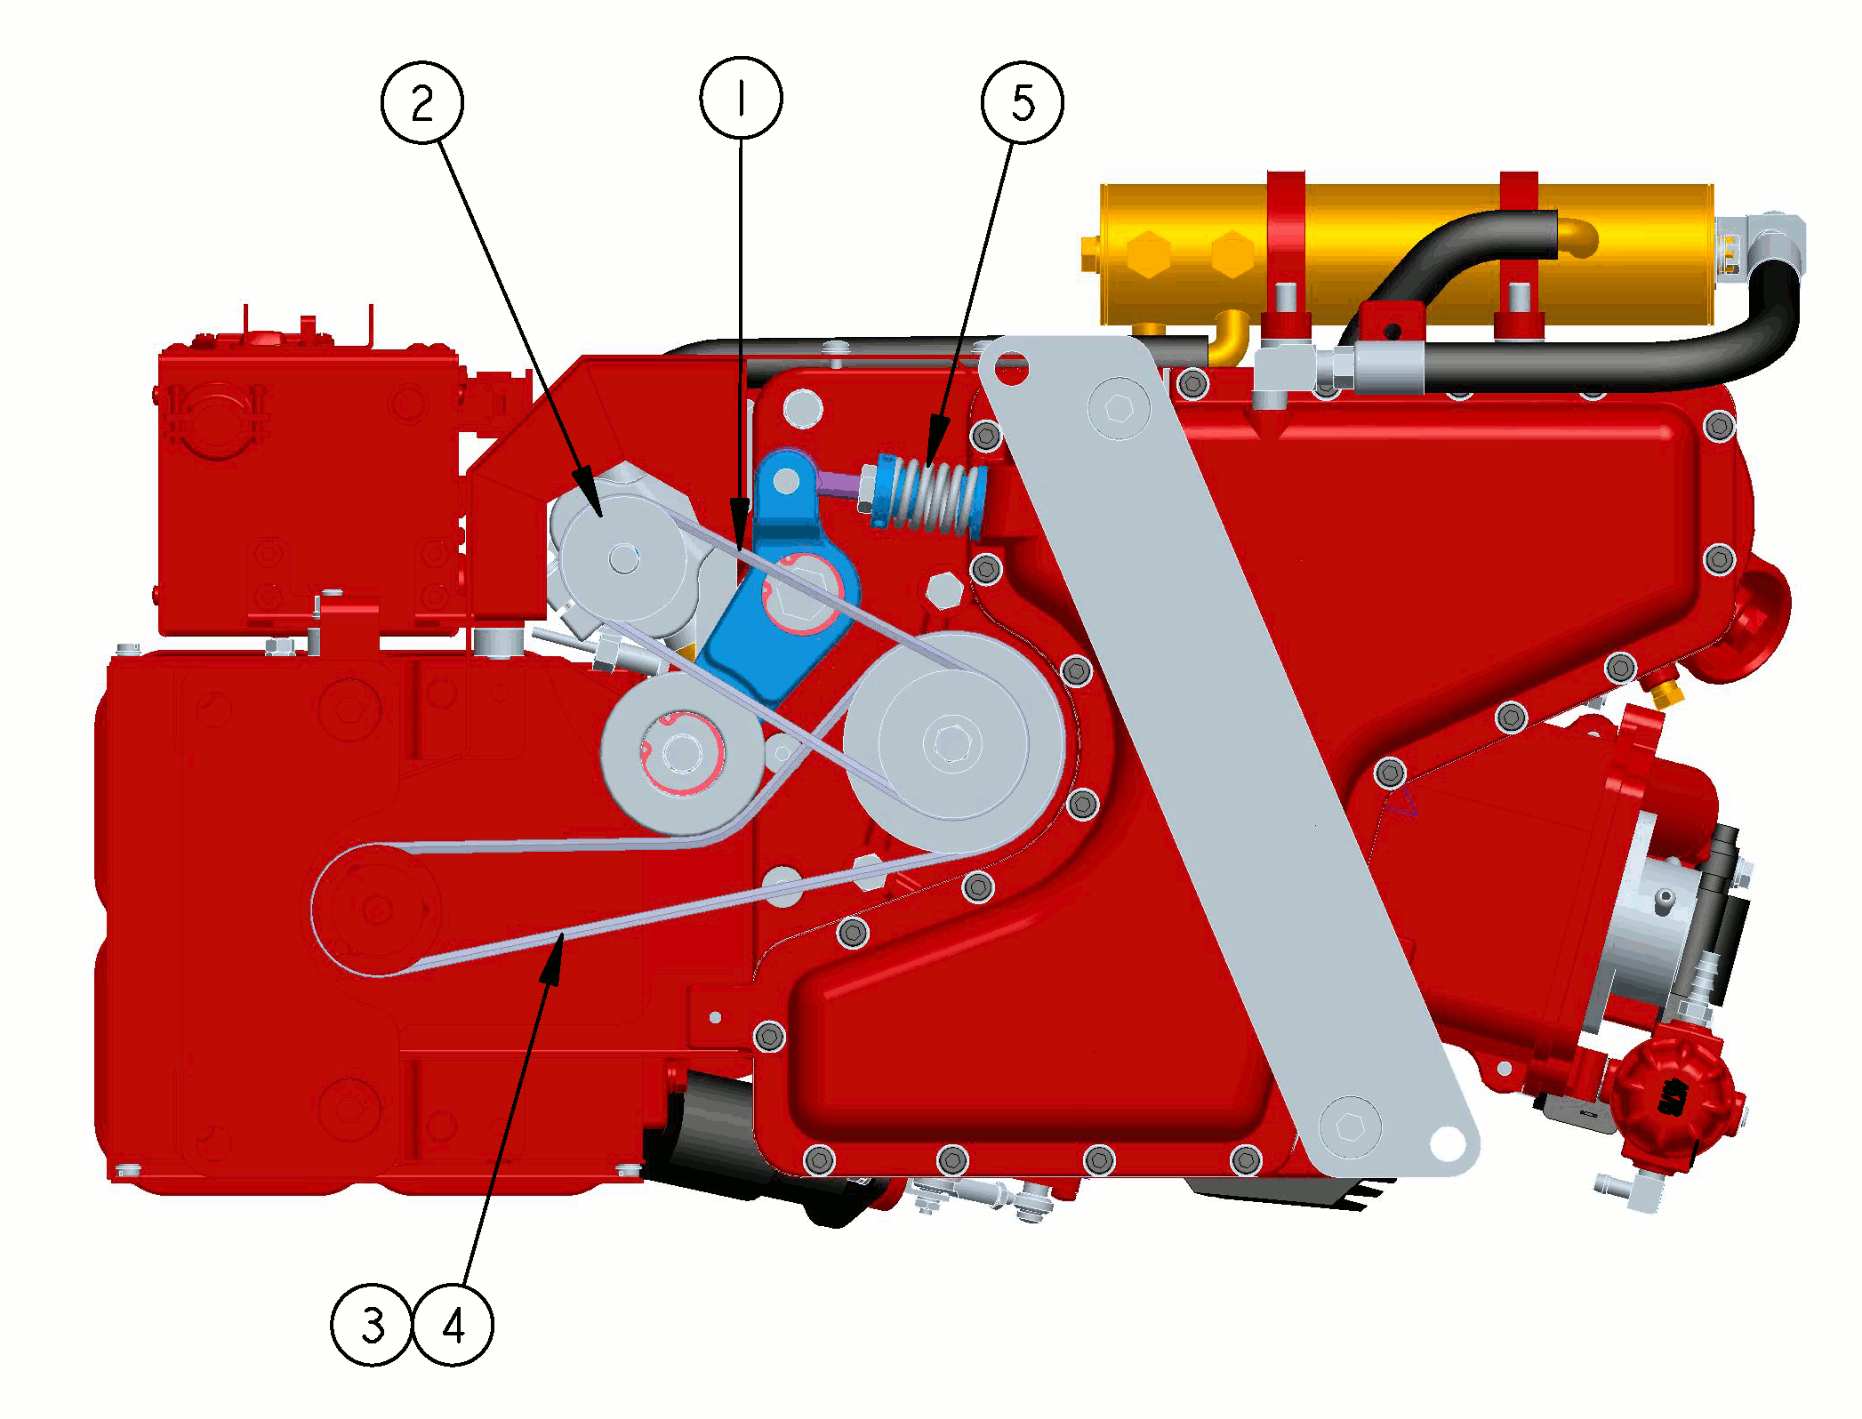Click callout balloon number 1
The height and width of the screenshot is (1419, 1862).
pyautogui.click(x=741, y=98)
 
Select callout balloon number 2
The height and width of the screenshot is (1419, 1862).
pyautogui.click(x=421, y=102)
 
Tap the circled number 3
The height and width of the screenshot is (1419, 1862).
pyautogui.click(x=372, y=1325)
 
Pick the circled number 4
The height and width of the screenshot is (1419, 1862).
pyautogui.click(x=453, y=1325)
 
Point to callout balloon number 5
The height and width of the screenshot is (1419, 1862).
pyautogui.click(x=1023, y=102)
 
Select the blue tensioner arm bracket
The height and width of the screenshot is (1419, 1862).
pyautogui.click(x=783, y=578)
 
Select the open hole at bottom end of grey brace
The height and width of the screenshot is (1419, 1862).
pyautogui.click(x=1447, y=1142)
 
